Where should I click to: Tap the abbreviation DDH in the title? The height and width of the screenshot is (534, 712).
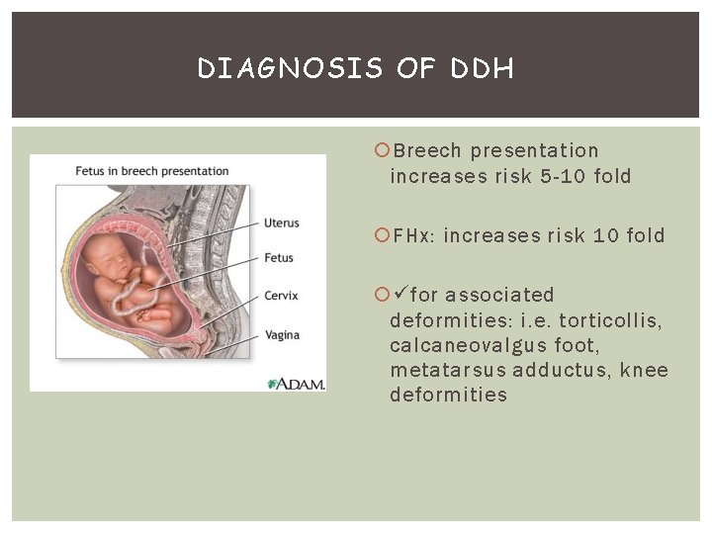(x=482, y=68)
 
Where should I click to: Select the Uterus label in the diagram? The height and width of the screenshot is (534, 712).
(x=282, y=222)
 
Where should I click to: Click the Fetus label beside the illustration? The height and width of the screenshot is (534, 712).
(x=279, y=258)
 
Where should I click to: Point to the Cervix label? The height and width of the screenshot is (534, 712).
(x=281, y=295)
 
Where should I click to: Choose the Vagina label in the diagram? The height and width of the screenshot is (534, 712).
(x=282, y=335)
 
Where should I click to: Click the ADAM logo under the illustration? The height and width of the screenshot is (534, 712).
(x=296, y=383)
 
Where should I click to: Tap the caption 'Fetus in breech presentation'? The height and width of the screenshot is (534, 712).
(x=152, y=171)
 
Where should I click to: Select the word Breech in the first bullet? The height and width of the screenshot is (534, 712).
(x=427, y=151)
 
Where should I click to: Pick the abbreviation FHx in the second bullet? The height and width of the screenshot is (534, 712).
(x=414, y=236)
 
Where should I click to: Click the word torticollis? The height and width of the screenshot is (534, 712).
(x=613, y=320)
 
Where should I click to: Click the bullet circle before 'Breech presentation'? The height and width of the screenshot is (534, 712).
(x=383, y=151)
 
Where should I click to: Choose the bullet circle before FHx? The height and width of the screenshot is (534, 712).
(x=383, y=236)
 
